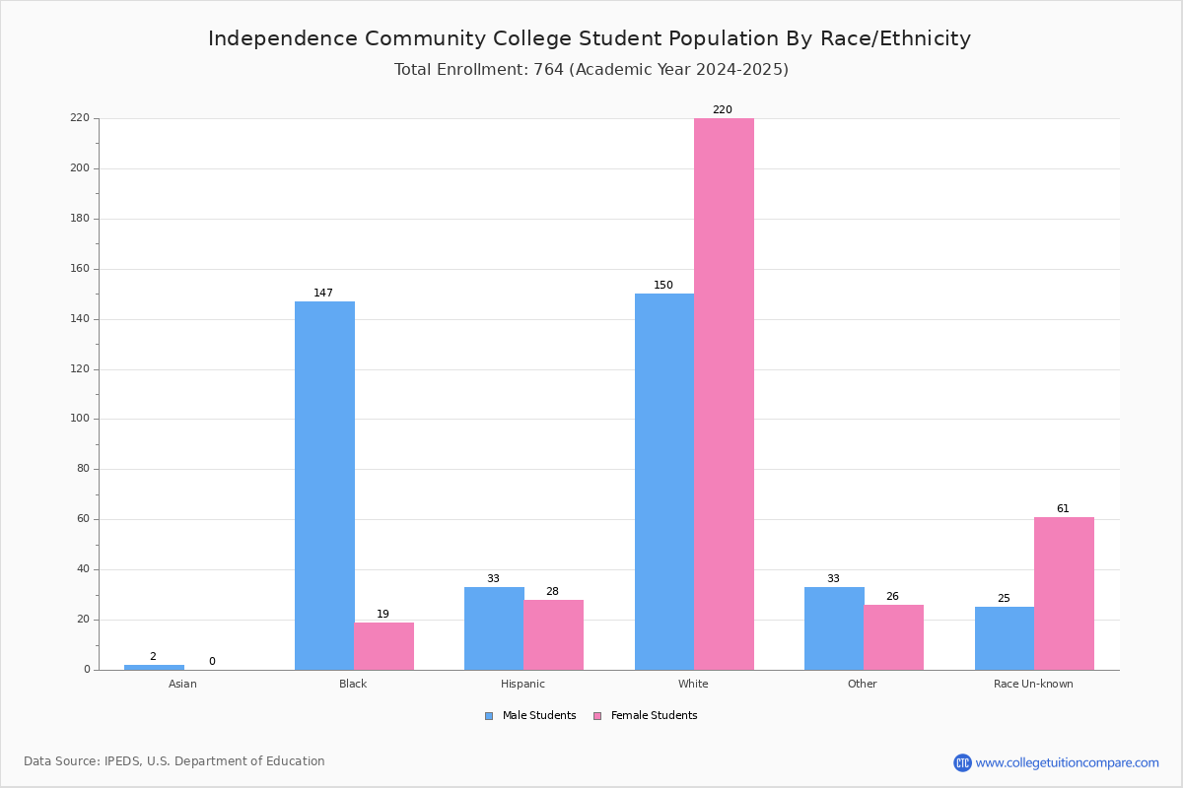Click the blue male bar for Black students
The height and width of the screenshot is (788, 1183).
324,486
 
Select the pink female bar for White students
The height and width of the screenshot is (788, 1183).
724,394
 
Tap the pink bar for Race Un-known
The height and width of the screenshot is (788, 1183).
1064,593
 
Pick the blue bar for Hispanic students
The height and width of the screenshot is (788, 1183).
494,628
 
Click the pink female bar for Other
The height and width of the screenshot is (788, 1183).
893,637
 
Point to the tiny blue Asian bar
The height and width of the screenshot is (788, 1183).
154,667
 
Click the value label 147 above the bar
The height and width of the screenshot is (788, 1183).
323,294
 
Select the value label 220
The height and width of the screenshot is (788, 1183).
723,110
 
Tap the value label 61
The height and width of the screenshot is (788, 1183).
1063,509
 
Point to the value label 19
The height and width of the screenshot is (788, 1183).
383,615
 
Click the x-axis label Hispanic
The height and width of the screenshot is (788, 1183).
522,684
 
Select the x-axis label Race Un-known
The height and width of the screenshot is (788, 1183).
1033,684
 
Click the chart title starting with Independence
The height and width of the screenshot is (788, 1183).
590,38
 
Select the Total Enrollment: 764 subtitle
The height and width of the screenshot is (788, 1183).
591,70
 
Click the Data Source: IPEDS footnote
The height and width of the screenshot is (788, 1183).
174,761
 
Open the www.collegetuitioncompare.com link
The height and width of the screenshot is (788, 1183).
1067,762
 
